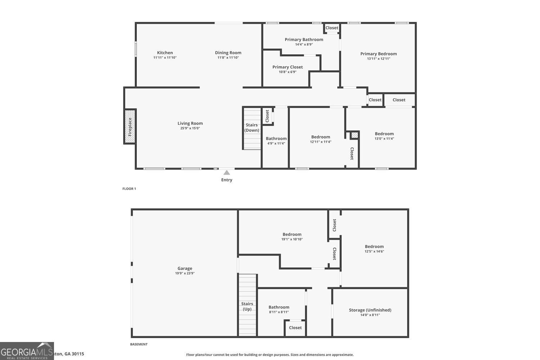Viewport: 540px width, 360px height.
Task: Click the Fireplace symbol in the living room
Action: (x=130, y=127)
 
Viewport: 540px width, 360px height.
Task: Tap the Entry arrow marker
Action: (x=226, y=172)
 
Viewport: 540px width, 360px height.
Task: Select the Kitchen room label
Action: (x=165, y=53)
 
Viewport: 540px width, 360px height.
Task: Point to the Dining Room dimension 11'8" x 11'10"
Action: (x=228, y=58)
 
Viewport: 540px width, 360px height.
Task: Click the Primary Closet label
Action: (x=287, y=67)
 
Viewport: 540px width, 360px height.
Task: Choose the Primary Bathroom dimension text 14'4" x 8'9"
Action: (x=304, y=45)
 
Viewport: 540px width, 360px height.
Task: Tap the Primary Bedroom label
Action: (x=378, y=54)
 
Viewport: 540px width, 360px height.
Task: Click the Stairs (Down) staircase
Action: (x=252, y=128)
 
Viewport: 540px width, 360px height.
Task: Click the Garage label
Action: (x=185, y=268)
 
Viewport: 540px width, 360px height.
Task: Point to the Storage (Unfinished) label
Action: (x=370, y=310)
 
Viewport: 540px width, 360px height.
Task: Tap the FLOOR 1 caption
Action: (x=129, y=189)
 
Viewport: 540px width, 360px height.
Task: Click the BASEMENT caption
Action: (x=139, y=344)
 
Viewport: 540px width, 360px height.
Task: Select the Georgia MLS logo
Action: (x=27, y=351)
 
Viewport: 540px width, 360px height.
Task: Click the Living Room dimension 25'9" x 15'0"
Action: (x=190, y=128)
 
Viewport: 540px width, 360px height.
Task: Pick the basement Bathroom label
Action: (x=279, y=307)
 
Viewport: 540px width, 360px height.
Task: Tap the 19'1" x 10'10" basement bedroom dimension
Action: (x=292, y=239)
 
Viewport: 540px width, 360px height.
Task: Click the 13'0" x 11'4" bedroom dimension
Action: (x=384, y=139)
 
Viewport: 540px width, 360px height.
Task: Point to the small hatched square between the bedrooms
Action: (x=355, y=135)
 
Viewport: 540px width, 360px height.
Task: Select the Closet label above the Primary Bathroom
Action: (x=332, y=28)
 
